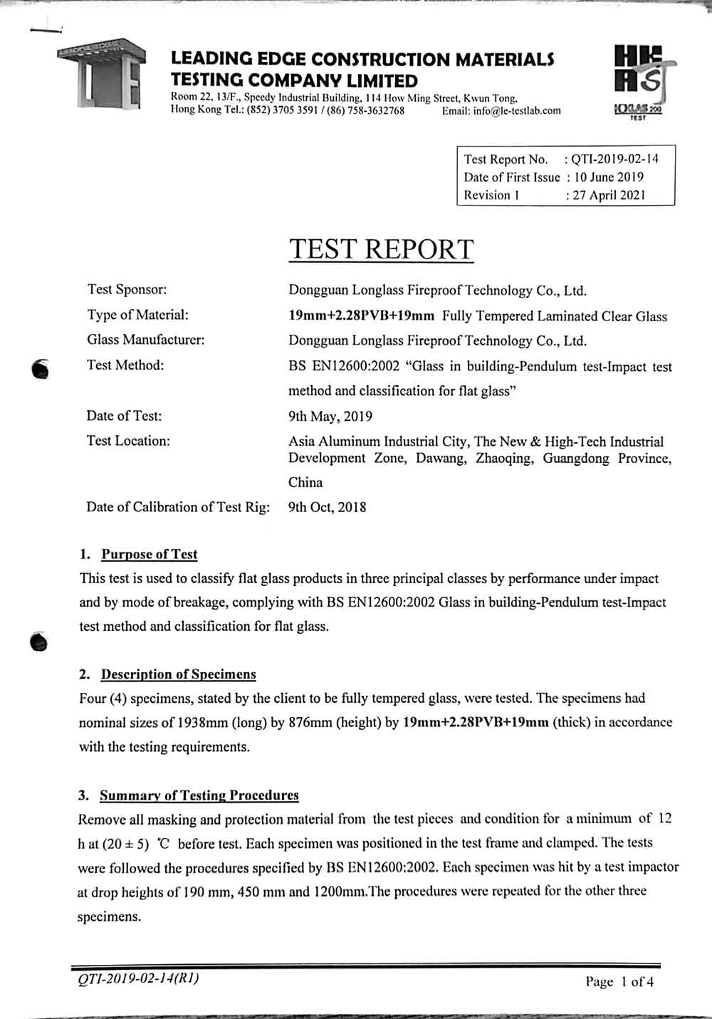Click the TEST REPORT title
(x=381, y=249)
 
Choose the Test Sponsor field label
(x=127, y=289)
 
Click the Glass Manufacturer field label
(x=145, y=340)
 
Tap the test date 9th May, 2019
(x=330, y=417)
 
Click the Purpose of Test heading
(x=149, y=555)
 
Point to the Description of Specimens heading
(x=178, y=674)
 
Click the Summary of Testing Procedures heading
(x=199, y=795)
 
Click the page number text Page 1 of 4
(x=619, y=982)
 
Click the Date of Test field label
(x=124, y=416)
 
